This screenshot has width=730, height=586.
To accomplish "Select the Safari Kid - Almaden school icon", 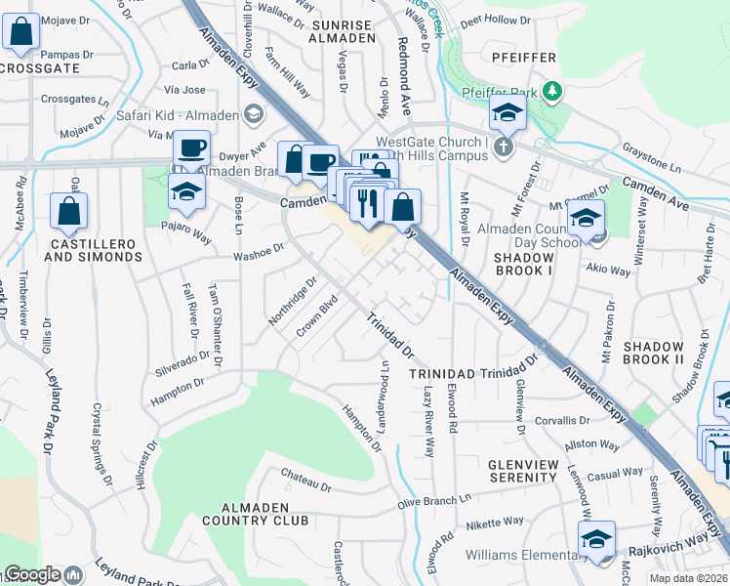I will pyautogui.click(x=254, y=114).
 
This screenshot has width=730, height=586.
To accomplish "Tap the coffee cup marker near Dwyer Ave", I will pyautogui.click(x=192, y=148).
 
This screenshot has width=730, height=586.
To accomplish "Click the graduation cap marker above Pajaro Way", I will pyautogui.click(x=186, y=191).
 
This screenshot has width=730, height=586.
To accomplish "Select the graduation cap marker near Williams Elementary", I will pyautogui.click(x=596, y=538).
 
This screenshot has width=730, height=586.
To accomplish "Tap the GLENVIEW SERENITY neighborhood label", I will pyautogui.click(x=524, y=471).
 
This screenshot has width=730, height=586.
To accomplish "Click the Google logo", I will pyautogui.click(x=32, y=574).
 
